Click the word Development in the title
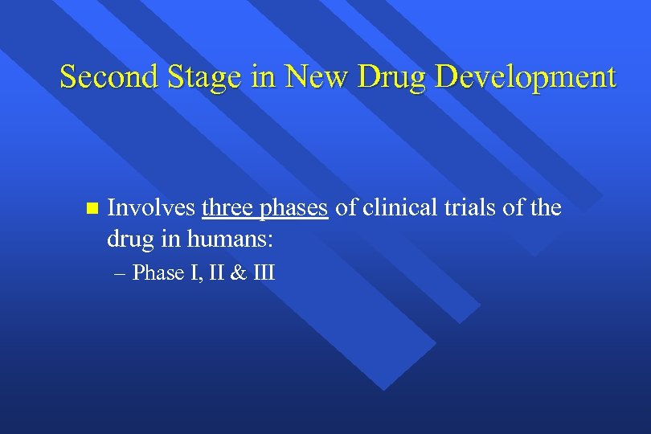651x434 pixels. [530, 78]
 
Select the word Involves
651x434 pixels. [151, 209]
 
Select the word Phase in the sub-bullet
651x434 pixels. [159, 273]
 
